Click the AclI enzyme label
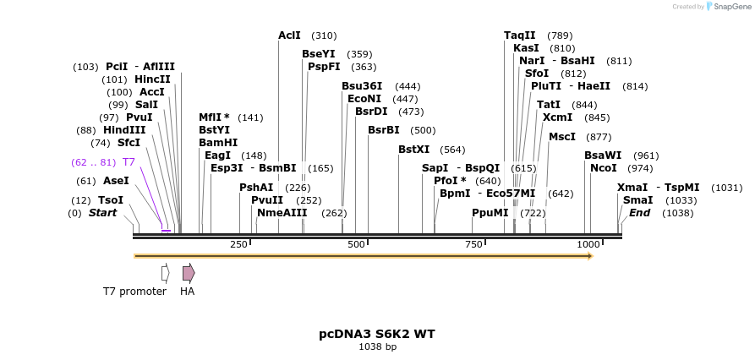[289, 35]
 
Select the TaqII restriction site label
[520, 35]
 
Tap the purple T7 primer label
[129, 162]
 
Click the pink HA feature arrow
[189, 272]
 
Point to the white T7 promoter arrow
[165, 272]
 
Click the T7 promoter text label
[135, 292]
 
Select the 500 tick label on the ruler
[356, 244]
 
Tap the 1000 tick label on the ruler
[588, 244]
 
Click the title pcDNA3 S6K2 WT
[377, 334]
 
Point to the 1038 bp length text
[377, 346]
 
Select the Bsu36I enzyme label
[362, 86]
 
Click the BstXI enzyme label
[414, 150]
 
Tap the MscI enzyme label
[562, 137]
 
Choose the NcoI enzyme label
[604, 168]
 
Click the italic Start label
[102, 213]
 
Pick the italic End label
[639, 213]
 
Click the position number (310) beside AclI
[324, 35]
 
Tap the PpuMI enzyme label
[490, 213]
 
